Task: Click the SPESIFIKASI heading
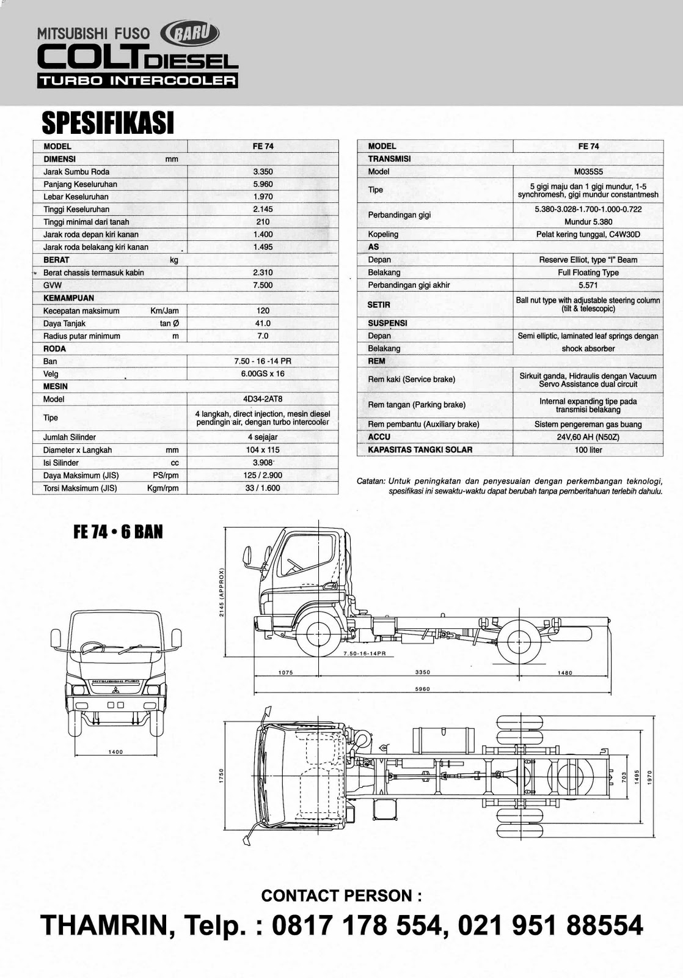point(108,123)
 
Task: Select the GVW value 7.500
point(263,285)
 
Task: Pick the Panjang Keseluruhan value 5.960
point(263,184)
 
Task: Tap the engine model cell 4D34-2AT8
point(263,399)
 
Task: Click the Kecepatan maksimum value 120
point(263,311)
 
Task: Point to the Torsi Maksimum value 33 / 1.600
point(263,488)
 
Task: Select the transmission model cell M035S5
point(588,172)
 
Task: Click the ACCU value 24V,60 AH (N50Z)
point(588,437)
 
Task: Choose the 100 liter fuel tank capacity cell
point(588,450)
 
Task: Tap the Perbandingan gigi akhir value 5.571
point(588,285)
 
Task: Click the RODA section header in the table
point(55,348)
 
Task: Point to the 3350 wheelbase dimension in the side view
point(423,672)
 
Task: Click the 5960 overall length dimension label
point(423,689)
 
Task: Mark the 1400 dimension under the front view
point(115,752)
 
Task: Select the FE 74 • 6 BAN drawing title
point(118,532)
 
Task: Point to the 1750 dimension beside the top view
point(222,775)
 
